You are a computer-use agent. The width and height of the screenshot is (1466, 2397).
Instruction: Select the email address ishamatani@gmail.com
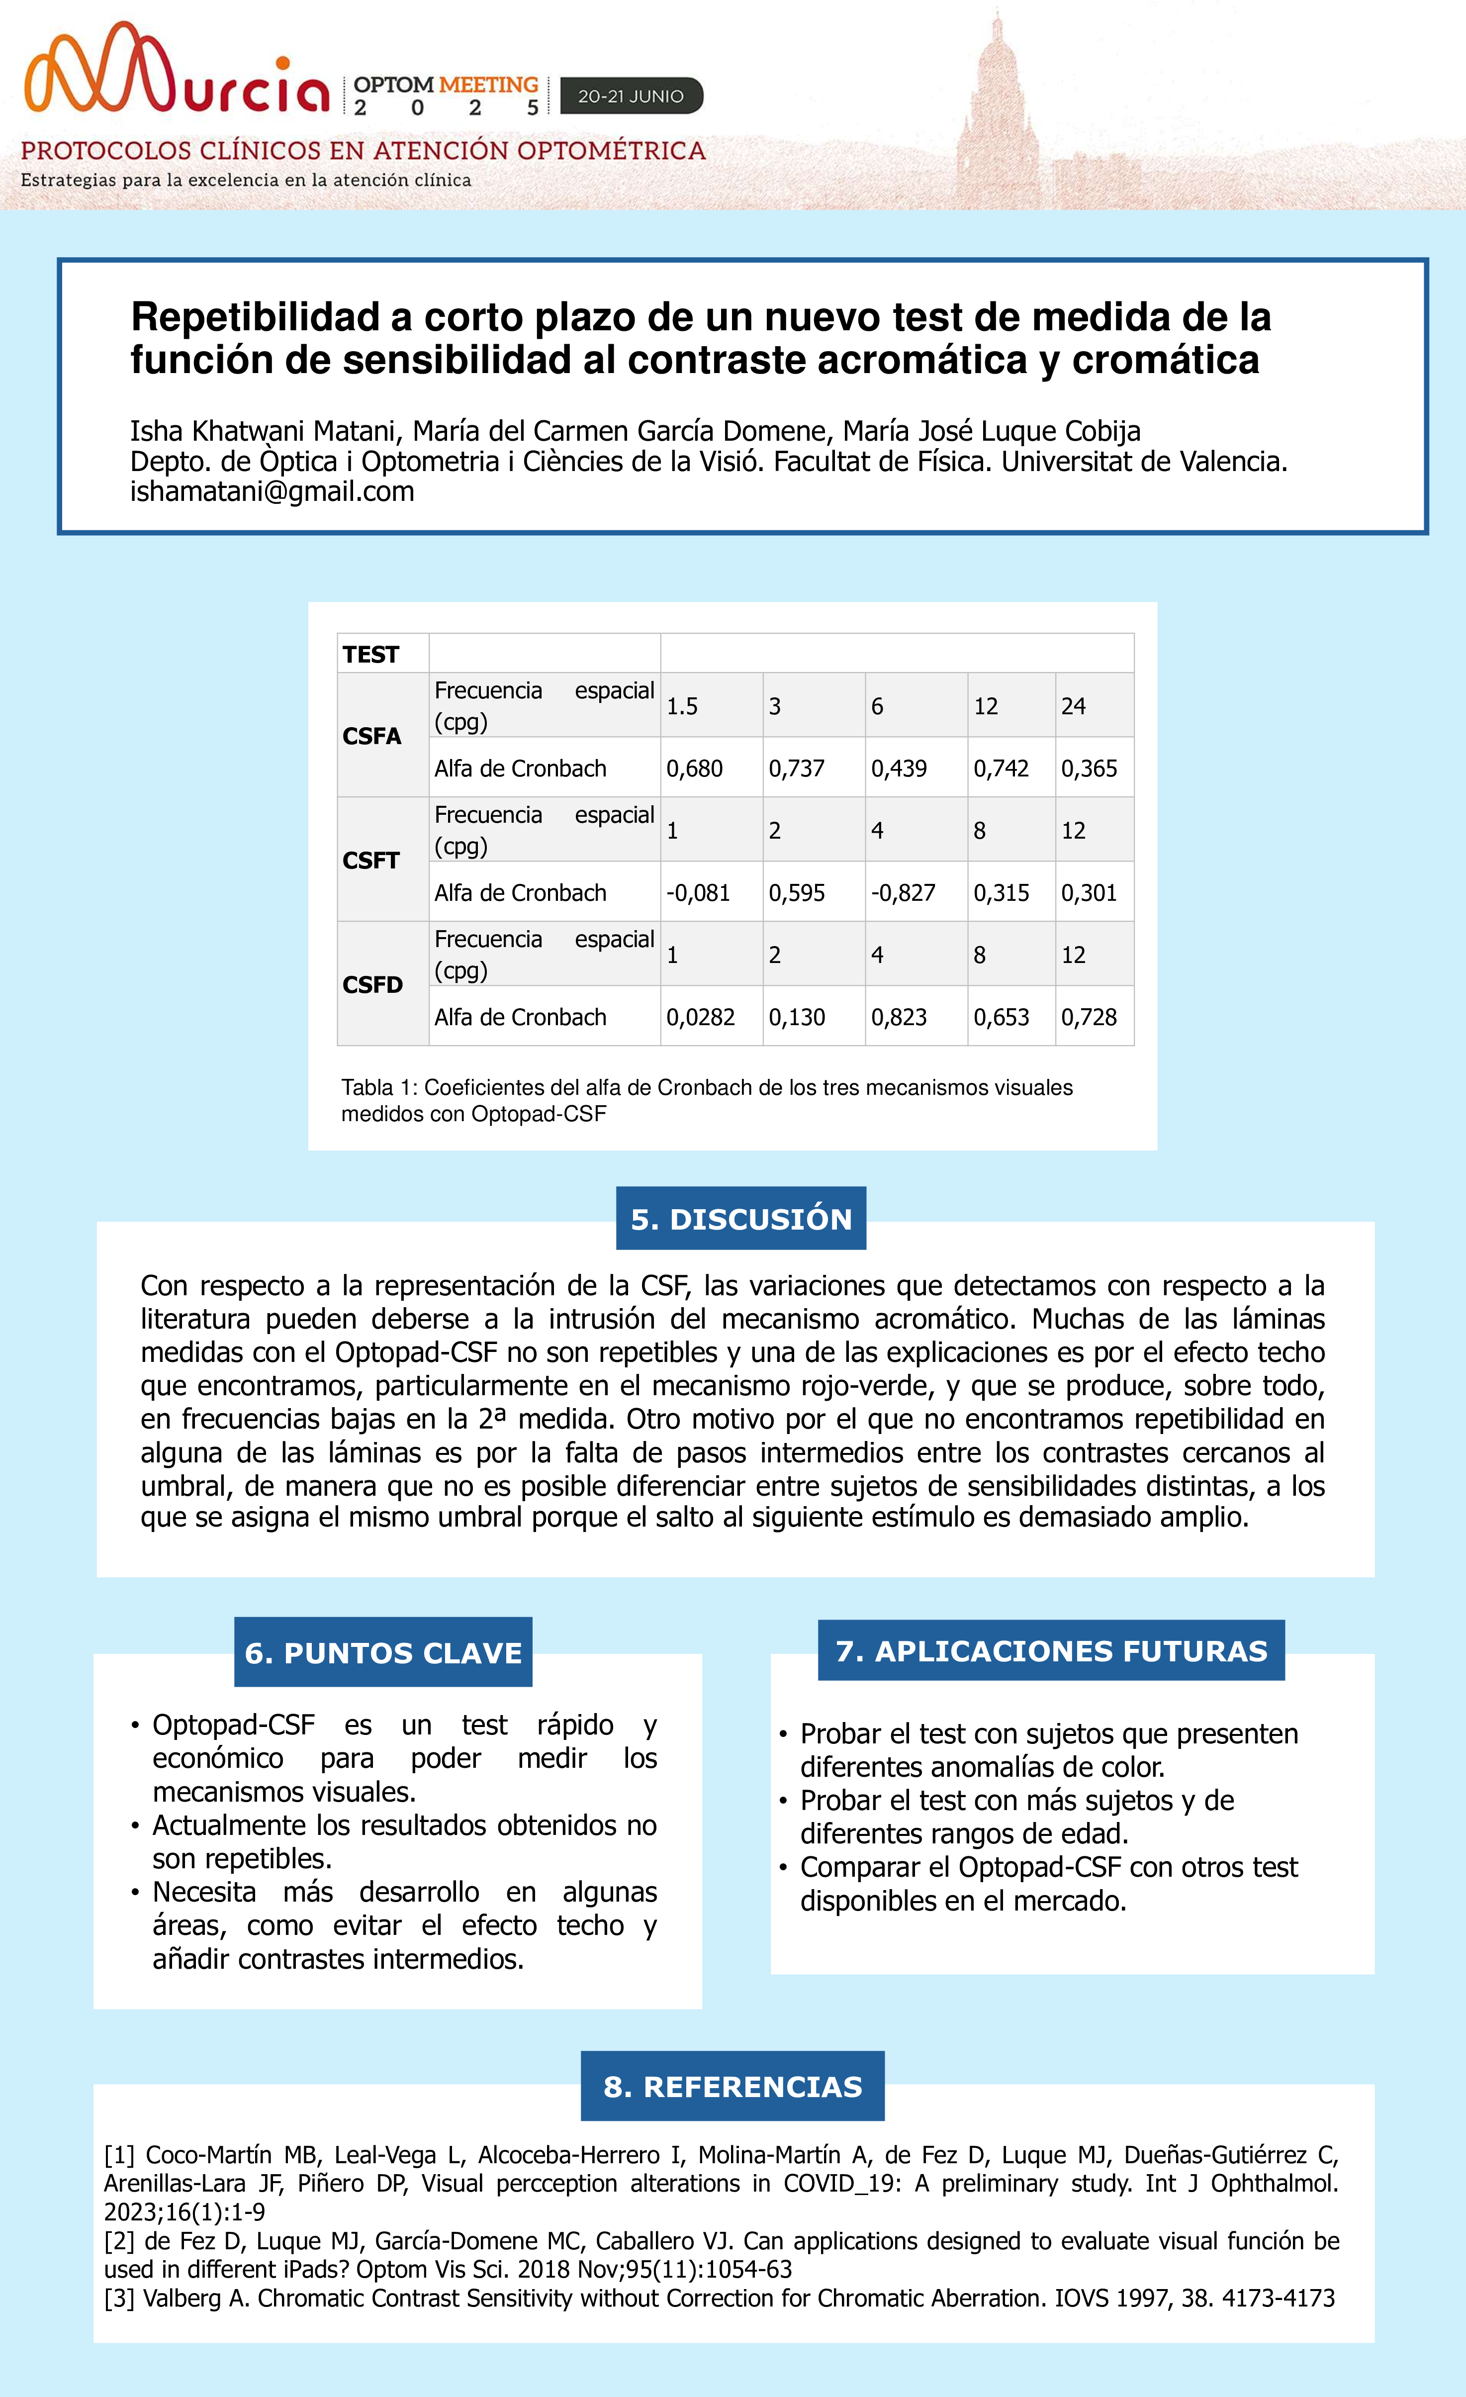coord(273,492)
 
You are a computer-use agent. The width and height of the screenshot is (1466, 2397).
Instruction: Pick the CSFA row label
coord(371,737)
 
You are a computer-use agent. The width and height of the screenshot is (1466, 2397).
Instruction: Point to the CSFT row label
coord(370,860)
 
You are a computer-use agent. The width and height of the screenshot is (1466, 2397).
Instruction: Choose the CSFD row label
coord(371,984)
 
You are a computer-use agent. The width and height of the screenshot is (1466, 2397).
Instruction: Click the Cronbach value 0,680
coord(695,768)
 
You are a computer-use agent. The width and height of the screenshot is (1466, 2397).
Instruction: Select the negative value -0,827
coord(903,893)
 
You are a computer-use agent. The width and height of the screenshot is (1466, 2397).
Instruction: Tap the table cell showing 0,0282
coord(700,1018)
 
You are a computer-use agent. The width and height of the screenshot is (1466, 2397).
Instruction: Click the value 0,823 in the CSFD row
coord(899,1018)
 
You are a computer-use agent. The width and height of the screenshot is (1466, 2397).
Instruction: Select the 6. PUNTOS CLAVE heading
coord(383,1653)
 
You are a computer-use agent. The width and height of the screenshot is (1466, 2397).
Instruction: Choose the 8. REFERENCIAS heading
coord(733,2087)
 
